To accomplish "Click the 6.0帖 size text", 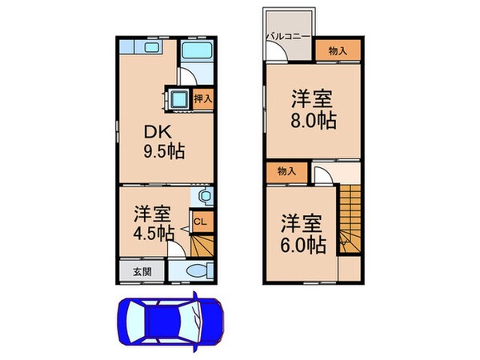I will point(303,245).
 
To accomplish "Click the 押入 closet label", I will point(203,99).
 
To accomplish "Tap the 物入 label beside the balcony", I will point(338,50).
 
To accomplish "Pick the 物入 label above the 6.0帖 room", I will point(286,170).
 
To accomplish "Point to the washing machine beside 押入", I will point(178,99).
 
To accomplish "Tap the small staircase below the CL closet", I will point(202,246).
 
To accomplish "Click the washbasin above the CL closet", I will point(204,196).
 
